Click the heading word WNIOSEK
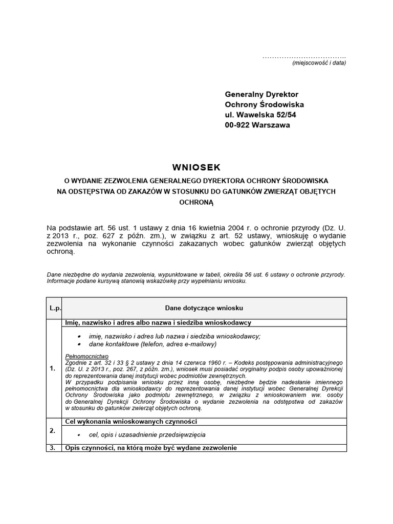point(196,167)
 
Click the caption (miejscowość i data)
point(319,63)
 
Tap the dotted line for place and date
point(304,57)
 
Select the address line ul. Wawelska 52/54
point(260,115)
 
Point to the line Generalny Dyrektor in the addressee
point(261,95)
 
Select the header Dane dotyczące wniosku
point(204,308)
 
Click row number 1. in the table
point(53,368)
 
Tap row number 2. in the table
point(53,430)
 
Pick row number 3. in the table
point(53,448)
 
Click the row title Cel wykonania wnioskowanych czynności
point(131,422)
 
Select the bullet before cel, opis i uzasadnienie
point(78,434)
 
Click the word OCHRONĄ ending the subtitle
point(196,202)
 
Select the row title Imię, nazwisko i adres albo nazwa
point(158,323)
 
